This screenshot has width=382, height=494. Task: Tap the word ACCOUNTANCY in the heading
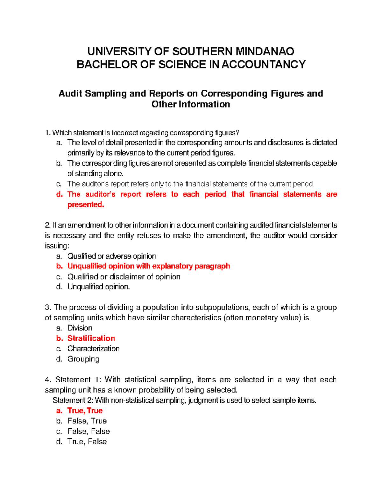point(264,65)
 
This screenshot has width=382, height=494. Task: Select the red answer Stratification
point(91,338)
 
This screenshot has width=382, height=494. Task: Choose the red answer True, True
point(85,411)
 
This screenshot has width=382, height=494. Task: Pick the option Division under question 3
point(80,328)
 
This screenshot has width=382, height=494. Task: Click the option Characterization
point(93,349)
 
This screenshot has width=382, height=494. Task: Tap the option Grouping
point(83,359)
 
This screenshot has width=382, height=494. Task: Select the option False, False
point(88,431)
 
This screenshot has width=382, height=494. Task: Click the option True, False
point(87,442)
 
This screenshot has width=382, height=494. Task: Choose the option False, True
point(87,421)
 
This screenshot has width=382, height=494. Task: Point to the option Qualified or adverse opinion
point(111,256)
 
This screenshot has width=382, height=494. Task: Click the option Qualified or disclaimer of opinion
point(124,277)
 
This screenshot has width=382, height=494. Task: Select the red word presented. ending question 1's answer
point(86,205)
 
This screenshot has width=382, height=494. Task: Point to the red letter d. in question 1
point(59,194)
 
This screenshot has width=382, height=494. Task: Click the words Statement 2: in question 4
point(73,400)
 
